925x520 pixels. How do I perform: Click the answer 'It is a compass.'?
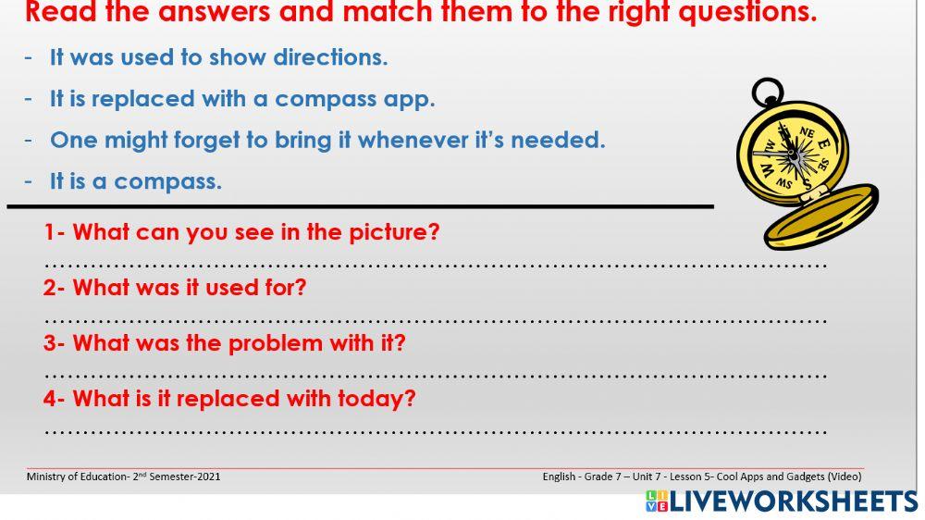135,181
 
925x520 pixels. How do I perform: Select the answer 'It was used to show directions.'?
218,57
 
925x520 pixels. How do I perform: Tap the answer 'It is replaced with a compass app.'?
241,99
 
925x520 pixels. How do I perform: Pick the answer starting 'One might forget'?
327,141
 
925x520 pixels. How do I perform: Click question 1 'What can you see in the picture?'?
242,232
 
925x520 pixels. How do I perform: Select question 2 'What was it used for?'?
175,288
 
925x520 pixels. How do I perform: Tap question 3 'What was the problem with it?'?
225,343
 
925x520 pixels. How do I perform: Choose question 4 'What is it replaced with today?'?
230,399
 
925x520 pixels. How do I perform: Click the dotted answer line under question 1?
435,266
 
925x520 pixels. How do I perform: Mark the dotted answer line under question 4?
435,432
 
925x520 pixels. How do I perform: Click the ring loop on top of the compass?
767,93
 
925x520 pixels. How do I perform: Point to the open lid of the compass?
821,217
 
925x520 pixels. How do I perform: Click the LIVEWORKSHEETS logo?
782,501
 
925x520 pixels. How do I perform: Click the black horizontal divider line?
361,206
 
